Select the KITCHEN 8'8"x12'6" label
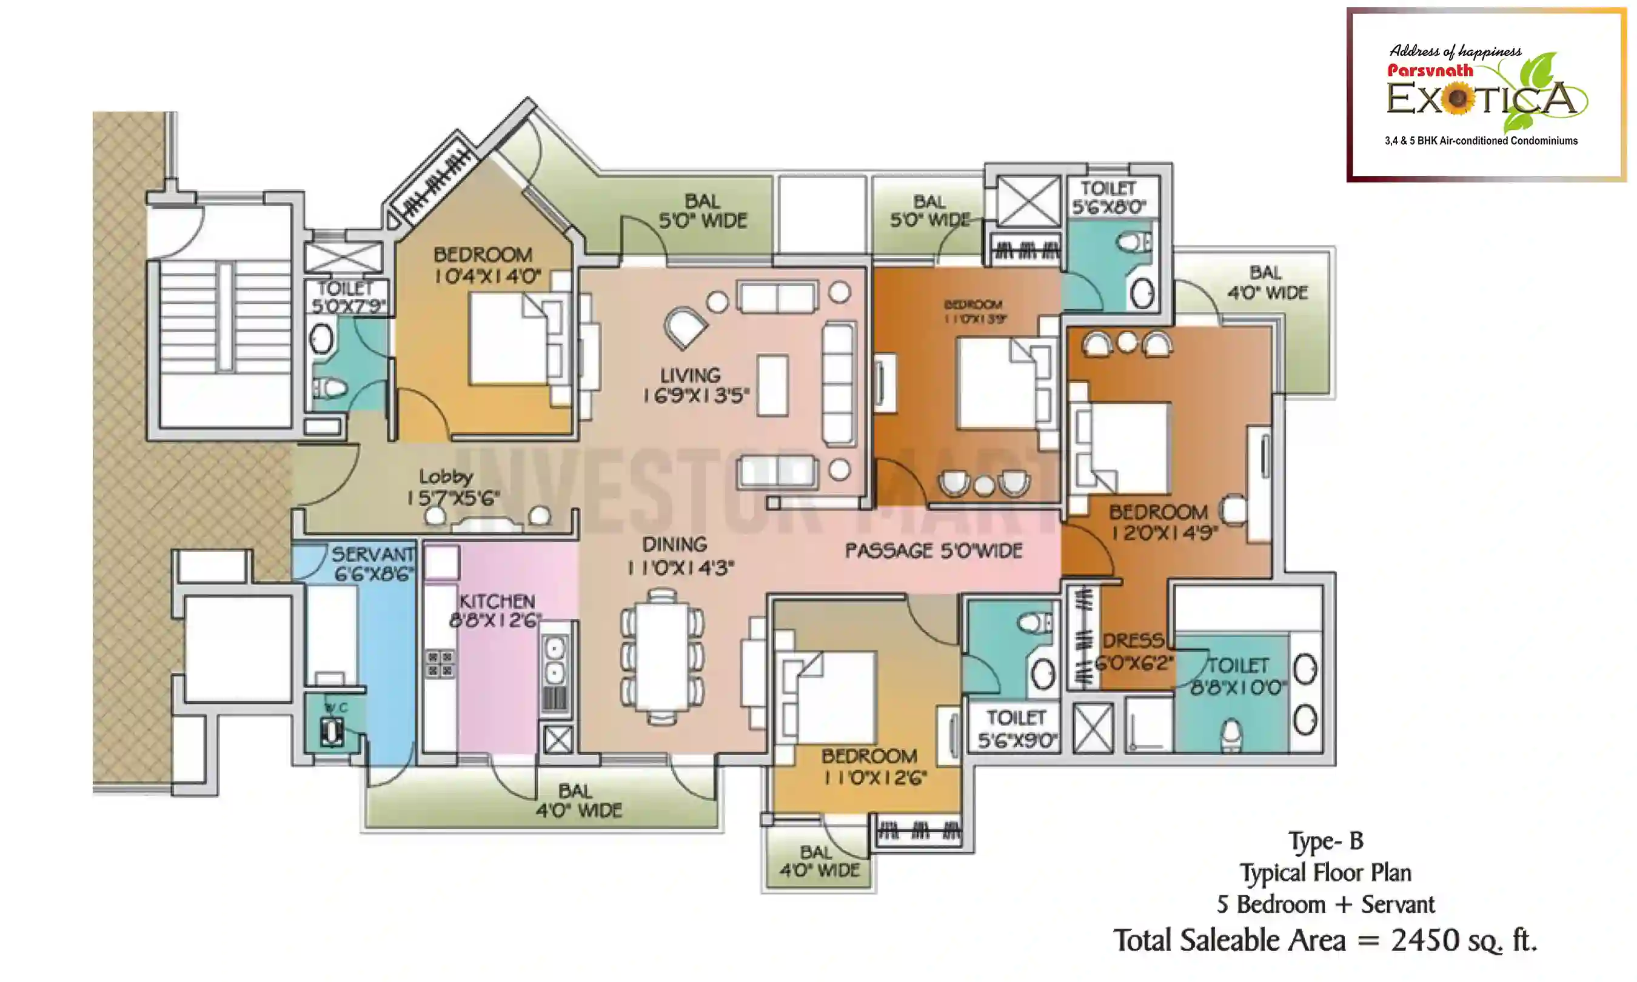tap(497, 610)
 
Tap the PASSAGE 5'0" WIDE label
tap(933, 550)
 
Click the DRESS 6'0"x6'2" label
tap(1133, 651)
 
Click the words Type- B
tap(1326, 841)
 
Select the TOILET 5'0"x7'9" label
tap(346, 296)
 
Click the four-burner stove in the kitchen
tap(440, 664)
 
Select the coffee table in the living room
tap(772, 385)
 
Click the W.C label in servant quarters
tap(335, 708)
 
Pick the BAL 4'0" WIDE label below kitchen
tap(578, 801)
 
